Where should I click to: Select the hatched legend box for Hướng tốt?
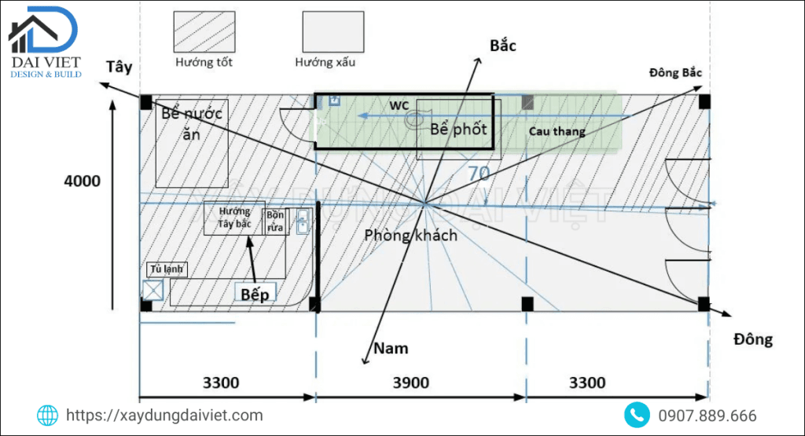pyautogui.click(x=204, y=32)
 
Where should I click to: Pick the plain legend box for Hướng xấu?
pyautogui.click(x=333, y=32)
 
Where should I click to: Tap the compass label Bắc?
pyautogui.click(x=502, y=46)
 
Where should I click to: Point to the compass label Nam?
pyautogui.click(x=391, y=347)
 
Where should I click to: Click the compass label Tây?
pyautogui.click(x=119, y=68)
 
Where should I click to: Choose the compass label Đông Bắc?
pyautogui.click(x=675, y=72)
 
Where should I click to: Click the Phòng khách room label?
pyautogui.click(x=410, y=234)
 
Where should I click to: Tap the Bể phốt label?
pyautogui.click(x=458, y=130)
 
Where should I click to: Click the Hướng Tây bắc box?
pyautogui.click(x=234, y=218)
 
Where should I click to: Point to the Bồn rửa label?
pyautogui.click(x=275, y=221)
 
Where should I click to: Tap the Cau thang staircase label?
pyautogui.click(x=557, y=131)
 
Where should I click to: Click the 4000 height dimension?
pyautogui.click(x=82, y=181)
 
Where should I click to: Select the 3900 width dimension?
pyautogui.click(x=410, y=383)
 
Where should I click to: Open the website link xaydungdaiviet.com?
pyautogui.click(x=164, y=416)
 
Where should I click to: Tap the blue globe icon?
pyautogui.click(x=48, y=415)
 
